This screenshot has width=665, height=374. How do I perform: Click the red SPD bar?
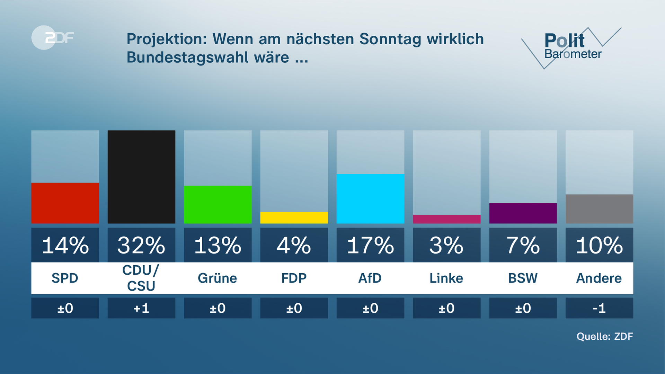click(x=65, y=203)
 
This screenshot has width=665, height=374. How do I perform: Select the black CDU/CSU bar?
click(x=141, y=177)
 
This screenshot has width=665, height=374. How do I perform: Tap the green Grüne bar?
click(x=218, y=204)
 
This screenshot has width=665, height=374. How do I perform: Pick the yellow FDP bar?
click(x=294, y=217)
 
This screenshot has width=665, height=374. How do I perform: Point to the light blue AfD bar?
click(x=370, y=198)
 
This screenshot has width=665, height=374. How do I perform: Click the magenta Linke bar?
click(x=446, y=219)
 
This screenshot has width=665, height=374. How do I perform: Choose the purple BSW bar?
click(x=523, y=213)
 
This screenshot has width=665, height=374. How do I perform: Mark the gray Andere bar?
click(x=599, y=209)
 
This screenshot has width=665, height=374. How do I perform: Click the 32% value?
click(x=141, y=245)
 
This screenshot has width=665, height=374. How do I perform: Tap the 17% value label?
click(x=370, y=245)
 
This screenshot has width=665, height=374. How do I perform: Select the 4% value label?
click(x=294, y=245)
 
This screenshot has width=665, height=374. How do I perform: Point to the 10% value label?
click(x=599, y=245)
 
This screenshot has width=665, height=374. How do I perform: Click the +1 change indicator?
click(x=141, y=308)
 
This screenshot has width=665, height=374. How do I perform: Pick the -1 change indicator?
click(x=599, y=308)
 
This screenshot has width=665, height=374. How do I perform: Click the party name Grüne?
click(x=218, y=278)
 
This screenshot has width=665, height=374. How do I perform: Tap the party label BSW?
click(x=523, y=278)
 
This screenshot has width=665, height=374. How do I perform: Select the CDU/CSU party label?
click(x=141, y=278)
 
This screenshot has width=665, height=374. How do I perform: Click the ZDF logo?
click(x=53, y=37)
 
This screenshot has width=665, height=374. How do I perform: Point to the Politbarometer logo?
click(x=571, y=47)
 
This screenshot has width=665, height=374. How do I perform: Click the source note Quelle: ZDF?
click(x=605, y=336)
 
